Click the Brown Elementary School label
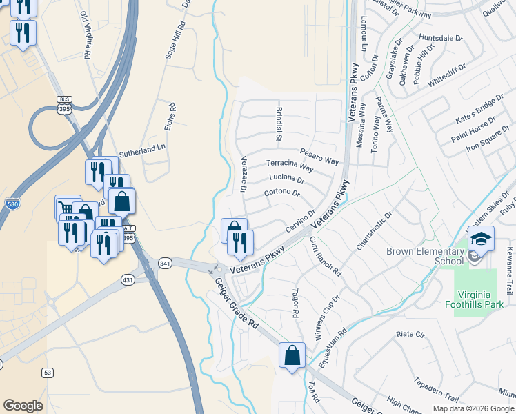pyautogui.click(x=425, y=256)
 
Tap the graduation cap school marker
pyautogui.click(x=481, y=239)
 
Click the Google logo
pyautogui.click(x=23, y=406)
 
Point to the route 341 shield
pyautogui.click(x=165, y=263)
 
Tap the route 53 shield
pyautogui.click(x=47, y=373)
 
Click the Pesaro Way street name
pyautogui.click(x=319, y=156)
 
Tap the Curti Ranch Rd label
pyautogui.click(x=326, y=256)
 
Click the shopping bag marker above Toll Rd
pyautogui.click(x=292, y=355)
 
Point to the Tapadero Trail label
pyautogui.click(x=435, y=389)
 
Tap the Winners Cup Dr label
pyautogui.click(x=328, y=319)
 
